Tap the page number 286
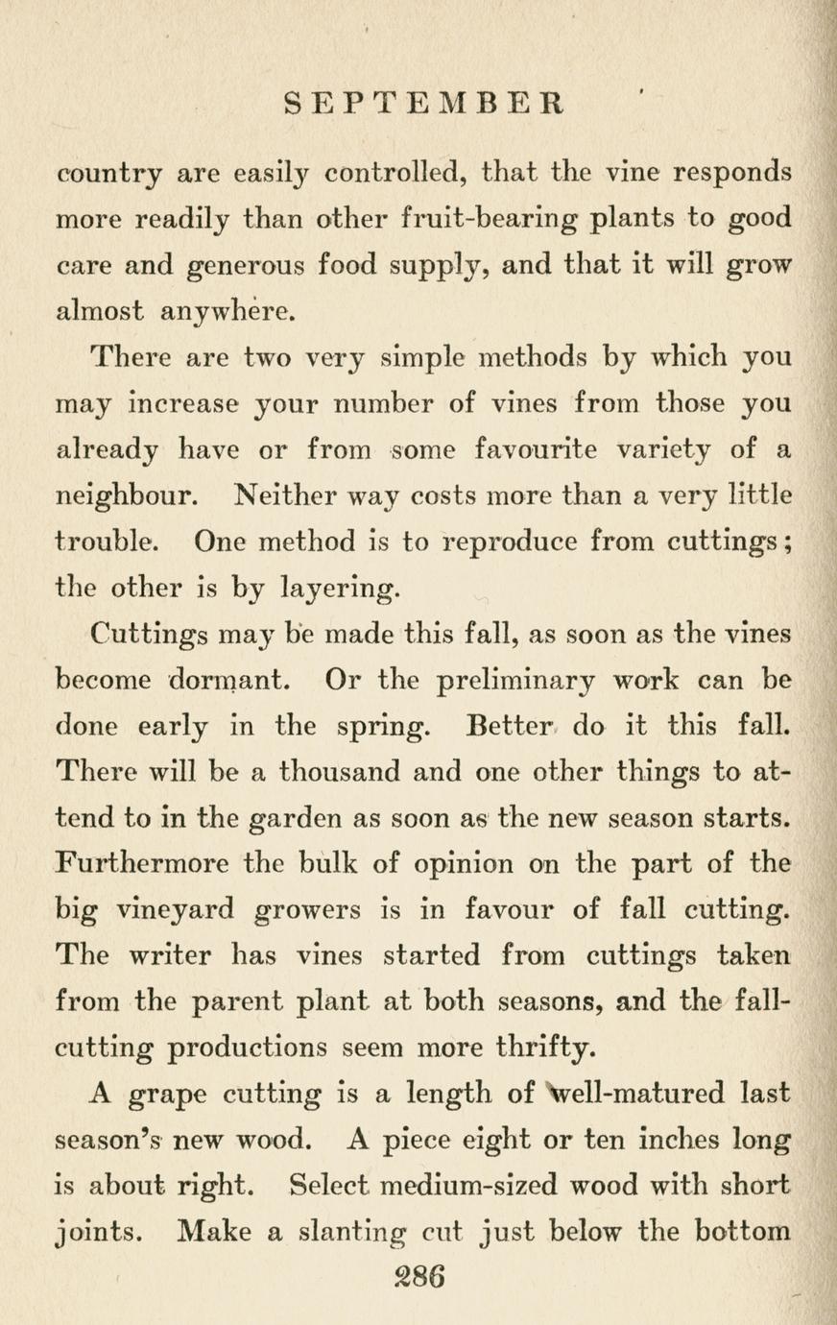coord(418,1277)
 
